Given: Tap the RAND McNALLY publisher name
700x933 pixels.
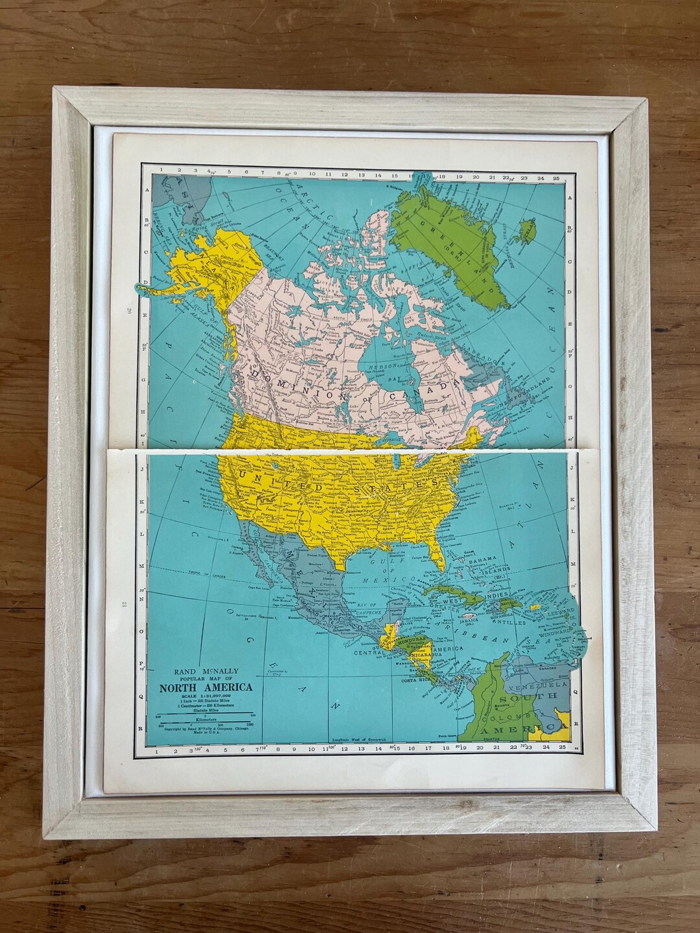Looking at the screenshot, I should (198, 671).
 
